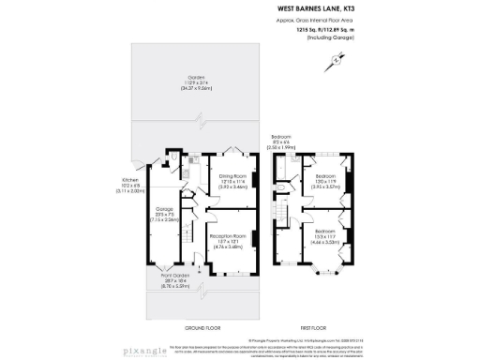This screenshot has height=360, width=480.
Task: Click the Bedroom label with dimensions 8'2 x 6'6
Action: click(284, 142)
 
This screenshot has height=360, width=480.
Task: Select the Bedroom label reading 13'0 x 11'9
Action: click(325, 182)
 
